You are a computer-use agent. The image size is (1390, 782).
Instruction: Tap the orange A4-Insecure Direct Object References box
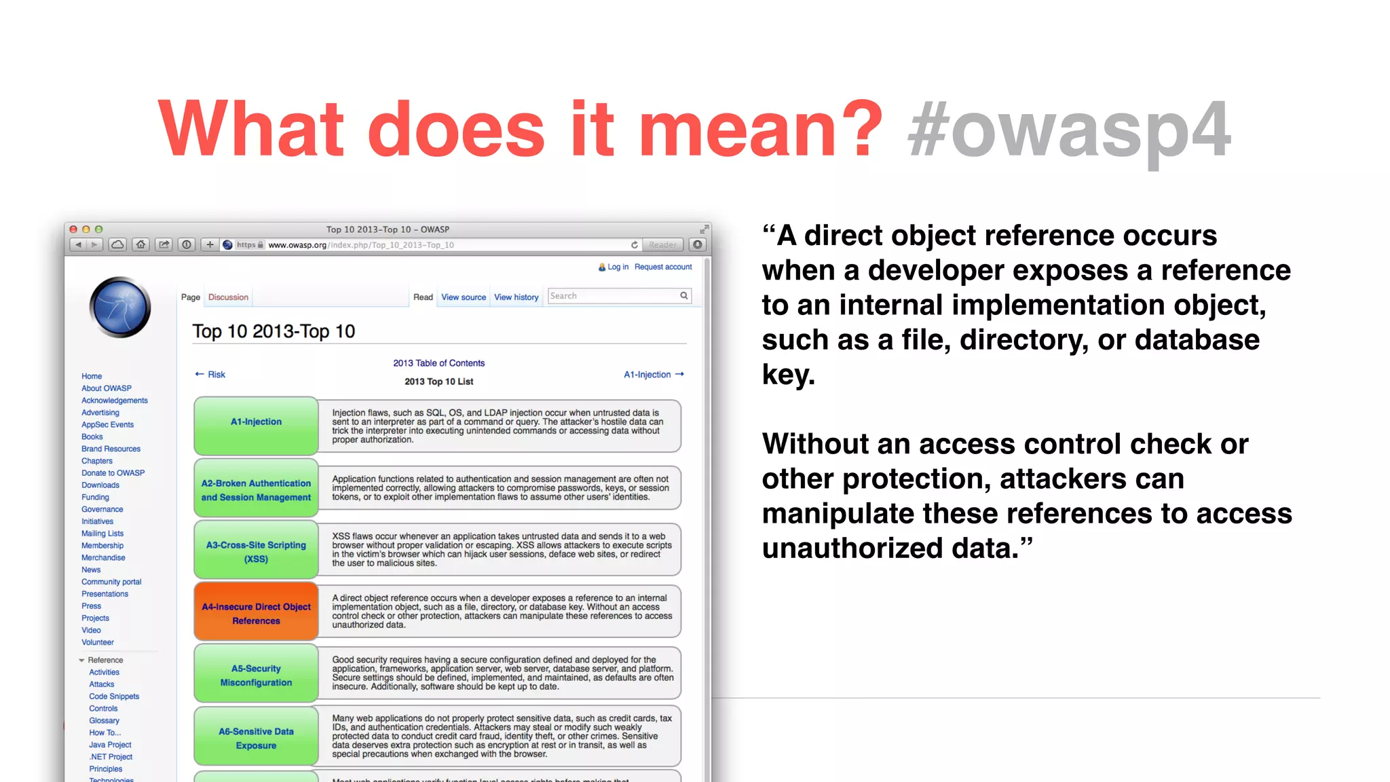click(x=256, y=613)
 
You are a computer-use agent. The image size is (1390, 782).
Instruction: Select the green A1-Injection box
click(x=256, y=425)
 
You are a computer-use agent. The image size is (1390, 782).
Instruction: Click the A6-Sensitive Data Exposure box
click(x=256, y=738)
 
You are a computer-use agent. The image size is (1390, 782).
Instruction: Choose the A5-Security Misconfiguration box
click(x=256, y=675)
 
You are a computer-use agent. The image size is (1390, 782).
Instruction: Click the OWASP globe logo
click(x=120, y=308)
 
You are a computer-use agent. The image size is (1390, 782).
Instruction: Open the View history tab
click(x=516, y=297)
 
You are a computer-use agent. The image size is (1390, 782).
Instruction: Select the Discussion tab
click(x=228, y=297)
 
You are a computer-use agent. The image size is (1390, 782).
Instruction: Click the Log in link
click(x=618, y=267)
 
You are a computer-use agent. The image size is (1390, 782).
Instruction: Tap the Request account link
click(x=663, y=267)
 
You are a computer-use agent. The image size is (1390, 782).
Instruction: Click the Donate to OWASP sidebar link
click(x=113, y=473)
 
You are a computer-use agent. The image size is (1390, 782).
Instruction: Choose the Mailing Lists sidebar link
click(x=102, y=534)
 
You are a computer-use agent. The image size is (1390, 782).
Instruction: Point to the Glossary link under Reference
click(x=104, y=721)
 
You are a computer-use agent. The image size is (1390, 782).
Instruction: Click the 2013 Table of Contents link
click(x=438, y=363)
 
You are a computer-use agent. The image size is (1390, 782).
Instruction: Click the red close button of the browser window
click(x=73, y=229)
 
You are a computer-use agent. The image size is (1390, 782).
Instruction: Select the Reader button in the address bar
click(x=662, y=245)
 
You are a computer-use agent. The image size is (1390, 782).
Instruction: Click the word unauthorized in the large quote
click(x=852, y=548)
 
